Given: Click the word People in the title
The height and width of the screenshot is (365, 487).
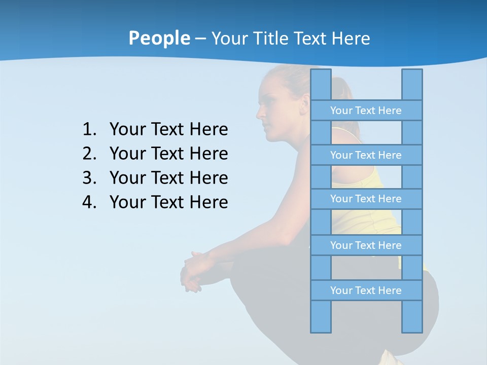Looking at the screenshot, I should [159, 38].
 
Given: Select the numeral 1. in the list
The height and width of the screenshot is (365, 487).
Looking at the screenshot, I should [89, 130].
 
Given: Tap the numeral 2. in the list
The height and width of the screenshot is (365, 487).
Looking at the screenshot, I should [89, 154].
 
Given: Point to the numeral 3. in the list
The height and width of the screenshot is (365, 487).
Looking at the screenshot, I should [89, 178].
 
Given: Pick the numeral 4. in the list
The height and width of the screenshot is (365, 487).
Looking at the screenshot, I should [89, 202].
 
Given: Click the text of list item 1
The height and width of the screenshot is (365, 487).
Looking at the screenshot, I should [168, 130].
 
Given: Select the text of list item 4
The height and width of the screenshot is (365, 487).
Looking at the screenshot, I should [168, 202].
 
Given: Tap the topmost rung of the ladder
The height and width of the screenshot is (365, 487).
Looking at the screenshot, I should [366, 111].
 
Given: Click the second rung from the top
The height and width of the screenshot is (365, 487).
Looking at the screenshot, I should [366, 155].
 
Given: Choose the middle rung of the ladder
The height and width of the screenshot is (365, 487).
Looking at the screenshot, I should [366, 199].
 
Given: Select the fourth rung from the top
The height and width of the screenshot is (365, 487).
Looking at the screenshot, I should [366, 245].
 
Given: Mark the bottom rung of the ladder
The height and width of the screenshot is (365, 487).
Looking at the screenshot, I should [366, 290].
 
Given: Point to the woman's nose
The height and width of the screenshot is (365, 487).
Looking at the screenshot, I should [259, 111].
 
